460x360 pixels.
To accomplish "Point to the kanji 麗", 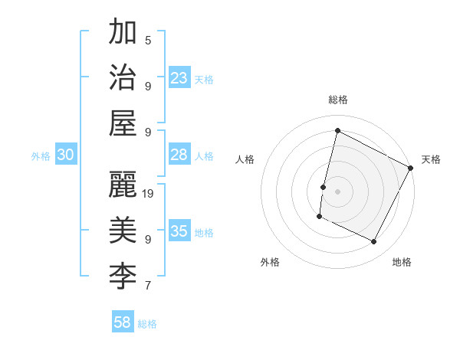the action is coord(123,185).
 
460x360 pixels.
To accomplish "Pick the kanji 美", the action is coord(123,230).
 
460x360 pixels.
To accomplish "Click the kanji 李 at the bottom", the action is coord(123,276).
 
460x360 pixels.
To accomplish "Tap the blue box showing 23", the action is coord(179,78).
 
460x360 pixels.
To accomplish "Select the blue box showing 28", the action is coord(179,155).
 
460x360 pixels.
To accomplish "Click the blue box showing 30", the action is coord(65,155).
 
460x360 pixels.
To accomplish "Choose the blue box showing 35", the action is coord(179,231).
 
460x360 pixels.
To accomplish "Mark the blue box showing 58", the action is coord(123,322).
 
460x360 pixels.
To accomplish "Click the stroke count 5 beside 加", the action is coord(148,40).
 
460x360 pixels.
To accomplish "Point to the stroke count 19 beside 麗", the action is coord(149,193).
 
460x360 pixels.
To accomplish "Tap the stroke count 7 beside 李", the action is coord(148,286).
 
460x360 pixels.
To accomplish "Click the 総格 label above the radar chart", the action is coord(338,100).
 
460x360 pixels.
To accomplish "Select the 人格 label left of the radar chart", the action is coord(245,160).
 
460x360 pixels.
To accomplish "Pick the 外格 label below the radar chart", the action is coord(269,262).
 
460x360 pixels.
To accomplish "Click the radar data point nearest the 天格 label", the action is coord(411,168).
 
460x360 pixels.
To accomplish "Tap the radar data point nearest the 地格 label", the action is coord(374,242).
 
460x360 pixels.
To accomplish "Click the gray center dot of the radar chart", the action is coord(337,191).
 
